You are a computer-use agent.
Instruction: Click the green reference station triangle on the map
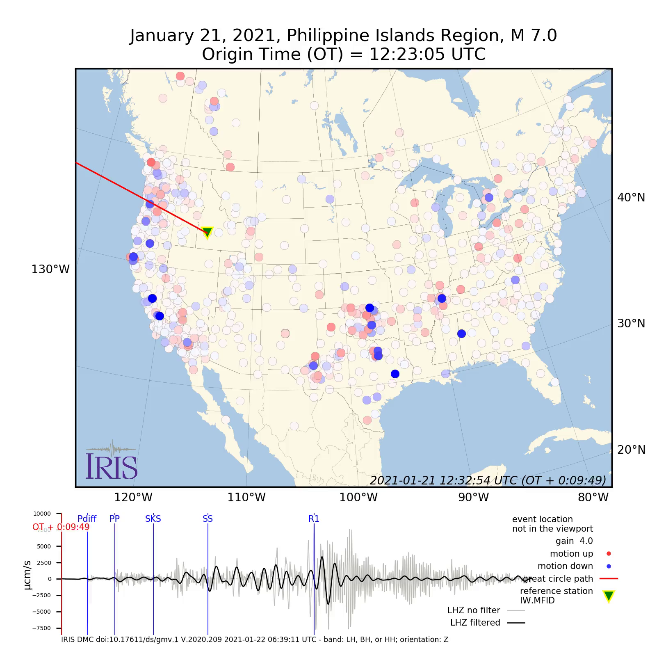[x=208, y=232]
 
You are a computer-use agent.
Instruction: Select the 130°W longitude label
[x=50, y=270]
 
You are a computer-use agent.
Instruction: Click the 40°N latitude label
[x=631, y=198]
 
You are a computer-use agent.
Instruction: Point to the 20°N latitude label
[x=631, y=450]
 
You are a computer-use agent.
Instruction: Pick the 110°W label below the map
[x=246, y=498]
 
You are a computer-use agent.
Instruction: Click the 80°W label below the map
[x=593, y=498]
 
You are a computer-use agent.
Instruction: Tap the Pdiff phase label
[x=87, y=519]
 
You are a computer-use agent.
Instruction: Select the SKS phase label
[x=153, y=519]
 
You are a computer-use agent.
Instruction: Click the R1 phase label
[x=314, y=519]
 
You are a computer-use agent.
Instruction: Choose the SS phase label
[x=208, y=519]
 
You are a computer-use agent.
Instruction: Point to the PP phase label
[x=114, y=519]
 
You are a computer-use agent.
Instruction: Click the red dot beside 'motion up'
[x=609, y=554]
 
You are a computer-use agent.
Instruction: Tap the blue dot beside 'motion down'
[x=609, y=566]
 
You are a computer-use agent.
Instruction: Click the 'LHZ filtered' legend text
[x=475, y=623]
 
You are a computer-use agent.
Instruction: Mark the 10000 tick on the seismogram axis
[x=42, y=514]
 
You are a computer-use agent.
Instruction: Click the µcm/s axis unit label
[x=27, y=575]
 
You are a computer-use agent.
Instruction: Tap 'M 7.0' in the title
[x=534, y=36]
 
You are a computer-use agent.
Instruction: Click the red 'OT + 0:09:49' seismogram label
[x=61, y=527]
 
